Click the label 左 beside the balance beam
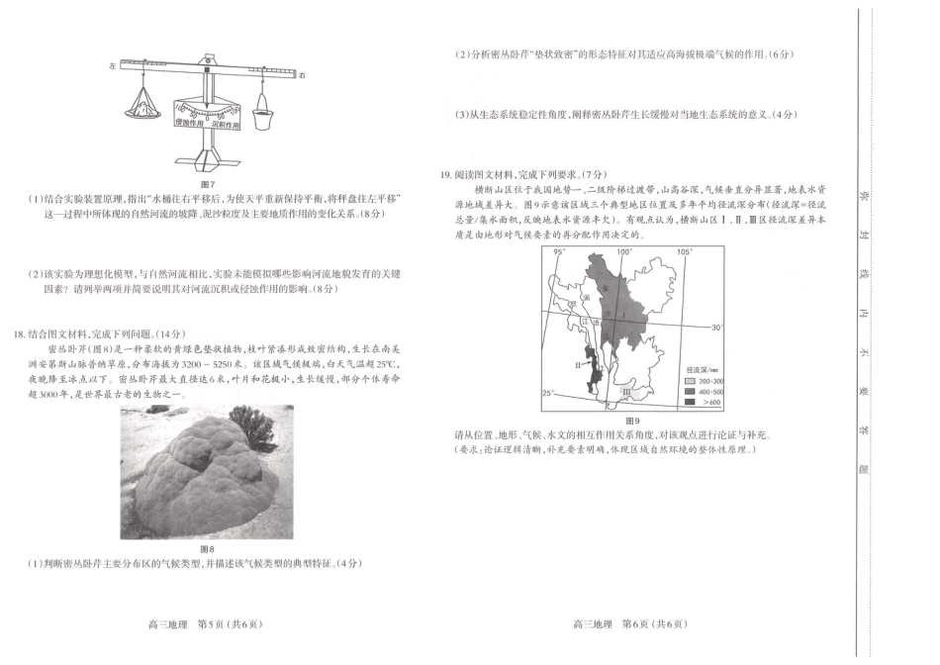pyautogui.click(x=113, y=64)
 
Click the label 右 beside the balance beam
pyautogui.click(x=303, y=74)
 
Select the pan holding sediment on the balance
pyautogui.click(x=145, y=105)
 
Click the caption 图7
pyautogui.click(x=208, y=184)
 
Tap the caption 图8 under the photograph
pyautogui.click(x=208, y=548)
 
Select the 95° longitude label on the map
pyautogui.click(x=558, y=252)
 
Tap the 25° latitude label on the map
pyautogui.click(x=547, y=393)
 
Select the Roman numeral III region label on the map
pyautogui.click(x=626, y=391)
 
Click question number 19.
pyautogui.click(x=446, y=174)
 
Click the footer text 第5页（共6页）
pyautogui.click(x=231, y=623)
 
